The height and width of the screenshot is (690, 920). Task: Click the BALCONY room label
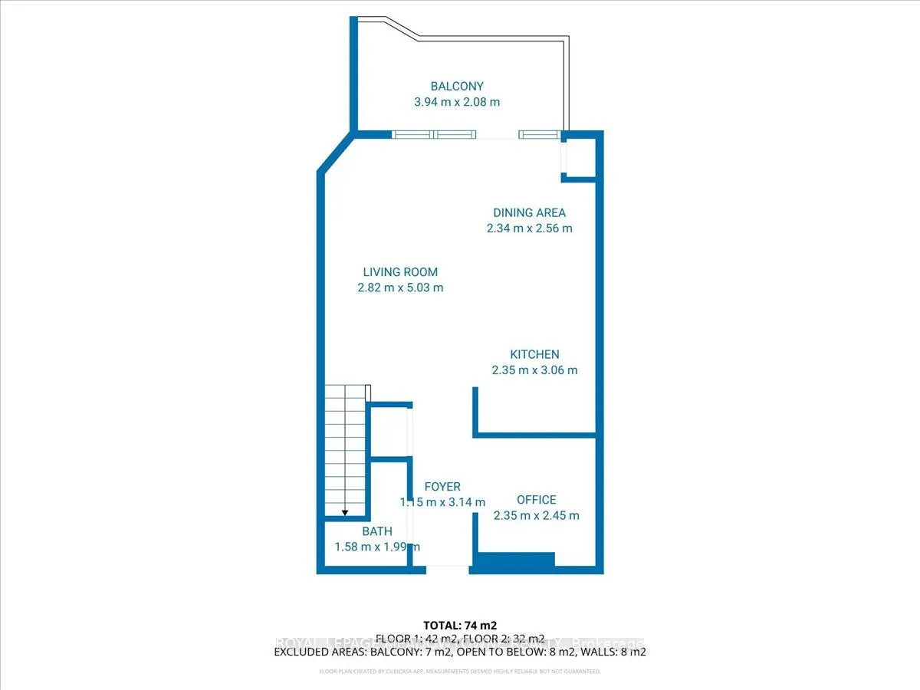(x=456, y=87)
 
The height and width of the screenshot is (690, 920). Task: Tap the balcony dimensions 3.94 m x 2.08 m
(x=456, y=101)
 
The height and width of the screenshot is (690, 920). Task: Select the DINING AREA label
(x=529, y=212)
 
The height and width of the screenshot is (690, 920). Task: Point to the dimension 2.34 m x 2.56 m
(x=529, y=228)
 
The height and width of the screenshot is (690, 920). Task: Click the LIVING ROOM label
(x=400, y=272)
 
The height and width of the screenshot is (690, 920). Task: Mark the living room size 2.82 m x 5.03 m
(x=400, y=287)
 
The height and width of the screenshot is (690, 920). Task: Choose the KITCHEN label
(x=534, y=354)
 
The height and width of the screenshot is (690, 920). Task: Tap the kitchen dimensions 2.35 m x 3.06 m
(x=534, y=370)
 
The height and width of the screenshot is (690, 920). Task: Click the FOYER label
(x=442, y=487)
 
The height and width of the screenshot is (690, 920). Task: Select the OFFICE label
(x=536, y=500)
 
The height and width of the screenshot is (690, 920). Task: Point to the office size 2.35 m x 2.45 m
(x=536, y=515)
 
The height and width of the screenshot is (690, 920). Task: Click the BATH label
(x=377, y=531)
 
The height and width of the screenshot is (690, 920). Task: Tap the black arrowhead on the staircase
(x=345, y=512)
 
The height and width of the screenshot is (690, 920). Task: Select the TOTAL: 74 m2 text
(x=460, y=624)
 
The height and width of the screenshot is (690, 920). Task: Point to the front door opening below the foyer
(x=448, y=568)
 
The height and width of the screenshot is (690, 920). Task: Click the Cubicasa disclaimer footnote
(x=460, y=672)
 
